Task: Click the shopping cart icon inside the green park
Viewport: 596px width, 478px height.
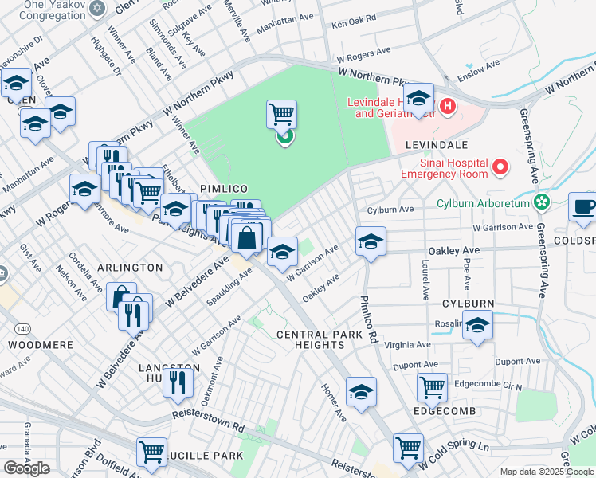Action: coord(281,114)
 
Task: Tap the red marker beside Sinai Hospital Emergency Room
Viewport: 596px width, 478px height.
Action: coord(500,167)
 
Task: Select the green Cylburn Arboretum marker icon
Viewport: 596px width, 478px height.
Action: coord(543,202)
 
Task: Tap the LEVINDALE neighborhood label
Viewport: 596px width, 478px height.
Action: coord(434,145)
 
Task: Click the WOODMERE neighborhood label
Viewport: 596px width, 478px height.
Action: coord(41,345)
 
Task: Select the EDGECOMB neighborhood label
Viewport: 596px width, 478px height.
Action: coord(445,411)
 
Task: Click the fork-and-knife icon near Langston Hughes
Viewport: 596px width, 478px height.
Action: coord(178,382)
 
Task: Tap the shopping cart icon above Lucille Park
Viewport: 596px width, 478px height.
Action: coord(151,452)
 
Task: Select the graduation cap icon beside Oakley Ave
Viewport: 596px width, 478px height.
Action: coord(371,241)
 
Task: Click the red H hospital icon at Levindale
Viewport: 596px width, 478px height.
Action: coord(448,104)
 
